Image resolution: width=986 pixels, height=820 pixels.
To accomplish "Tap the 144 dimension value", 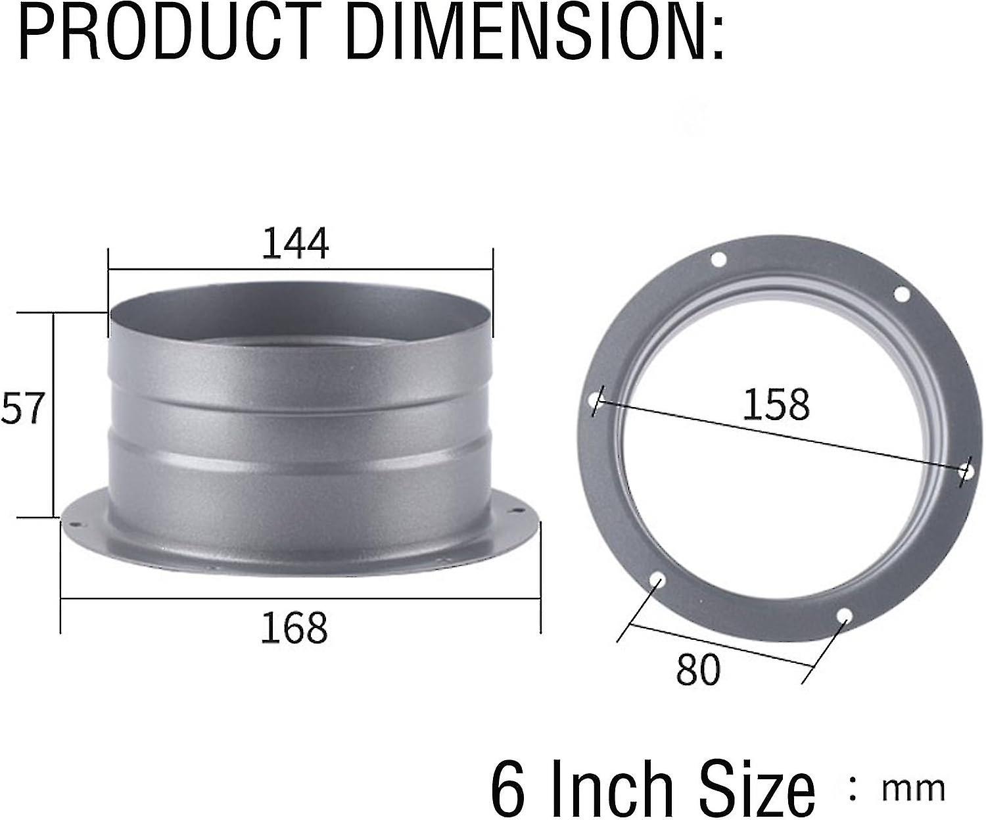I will [295, 243].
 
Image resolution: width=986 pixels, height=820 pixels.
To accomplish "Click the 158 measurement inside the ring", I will [776, 404].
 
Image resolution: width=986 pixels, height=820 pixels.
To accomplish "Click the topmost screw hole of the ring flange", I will [718, 260].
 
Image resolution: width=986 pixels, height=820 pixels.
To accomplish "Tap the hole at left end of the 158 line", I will [596, 398].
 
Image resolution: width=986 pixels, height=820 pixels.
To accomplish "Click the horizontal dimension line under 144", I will [300, 268].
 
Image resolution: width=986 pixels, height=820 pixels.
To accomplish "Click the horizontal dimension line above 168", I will [300, 598].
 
